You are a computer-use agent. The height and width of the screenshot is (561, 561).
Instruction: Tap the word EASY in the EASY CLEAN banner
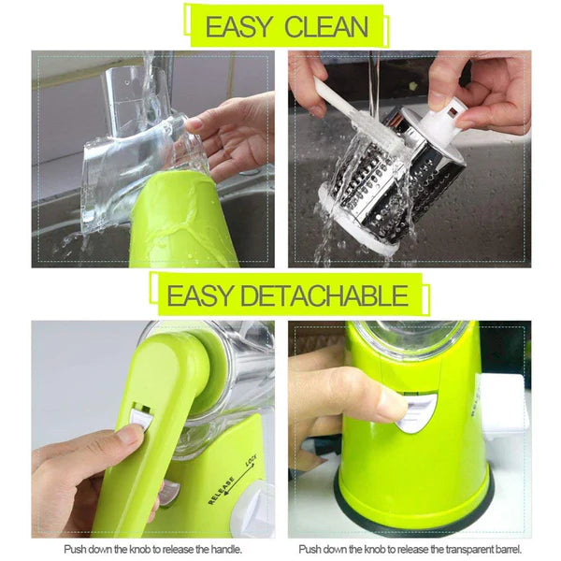(x=237, y=26)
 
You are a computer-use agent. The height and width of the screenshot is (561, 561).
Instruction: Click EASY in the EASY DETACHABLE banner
(x=197, y=296)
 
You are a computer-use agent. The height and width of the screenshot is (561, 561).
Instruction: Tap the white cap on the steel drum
(x=447, y=118)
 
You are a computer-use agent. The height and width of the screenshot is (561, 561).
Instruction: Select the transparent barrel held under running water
(x=140, y=159)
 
